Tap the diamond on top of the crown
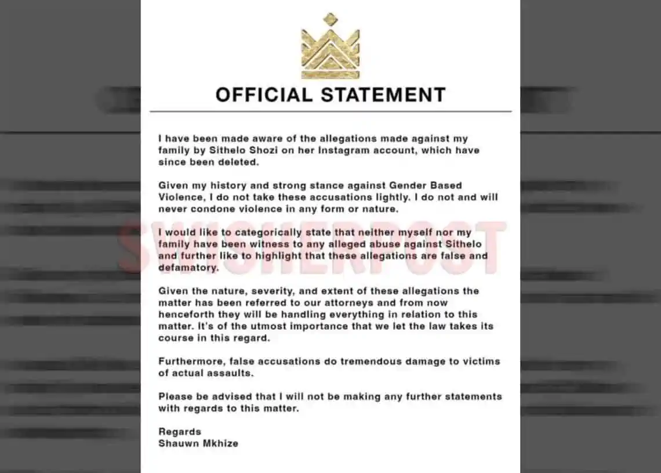(330, 19)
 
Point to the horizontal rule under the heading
(330, 111)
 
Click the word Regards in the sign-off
(180, 431)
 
